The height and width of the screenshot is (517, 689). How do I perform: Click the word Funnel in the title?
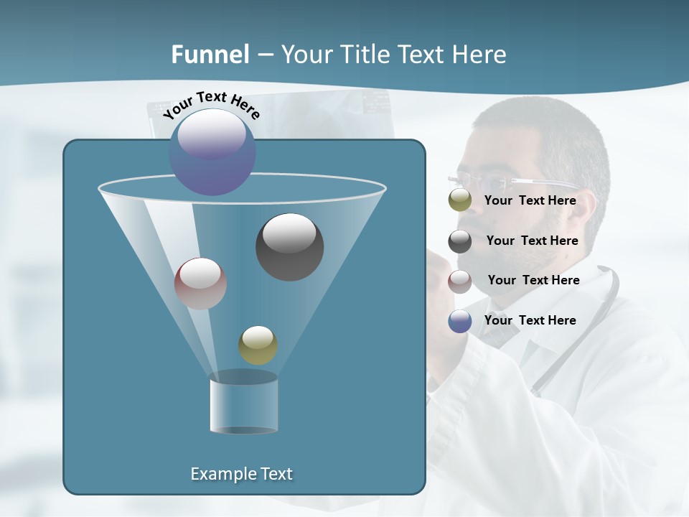click(210, 55)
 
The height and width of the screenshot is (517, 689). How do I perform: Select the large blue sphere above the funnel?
click(212, 152)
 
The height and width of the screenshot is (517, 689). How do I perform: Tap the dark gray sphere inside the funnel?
click(289, 247)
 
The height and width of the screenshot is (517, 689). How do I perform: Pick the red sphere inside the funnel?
click(200, 284)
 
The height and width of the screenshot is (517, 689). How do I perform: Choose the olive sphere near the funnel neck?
click(258, 345)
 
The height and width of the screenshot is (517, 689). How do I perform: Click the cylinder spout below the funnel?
click(243, 404)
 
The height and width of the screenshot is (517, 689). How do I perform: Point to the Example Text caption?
click(241, 474)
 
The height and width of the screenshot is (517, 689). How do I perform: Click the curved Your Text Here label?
click(211, 104)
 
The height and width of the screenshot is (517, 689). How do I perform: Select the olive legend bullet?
click(460, 200)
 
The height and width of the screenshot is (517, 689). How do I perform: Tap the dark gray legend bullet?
click(460, 241)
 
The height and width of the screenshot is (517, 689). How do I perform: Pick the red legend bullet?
click(460, 281)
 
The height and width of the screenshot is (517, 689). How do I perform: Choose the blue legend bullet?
click(460, 321)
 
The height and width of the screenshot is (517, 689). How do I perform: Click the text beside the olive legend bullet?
click(530, 200)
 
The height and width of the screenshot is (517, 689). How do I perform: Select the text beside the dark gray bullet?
click(532, 241)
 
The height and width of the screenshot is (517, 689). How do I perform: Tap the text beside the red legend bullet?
click(533, 280)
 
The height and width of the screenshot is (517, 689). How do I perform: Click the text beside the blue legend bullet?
click(530, 320)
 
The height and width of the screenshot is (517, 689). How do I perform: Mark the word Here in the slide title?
click(480, 55)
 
